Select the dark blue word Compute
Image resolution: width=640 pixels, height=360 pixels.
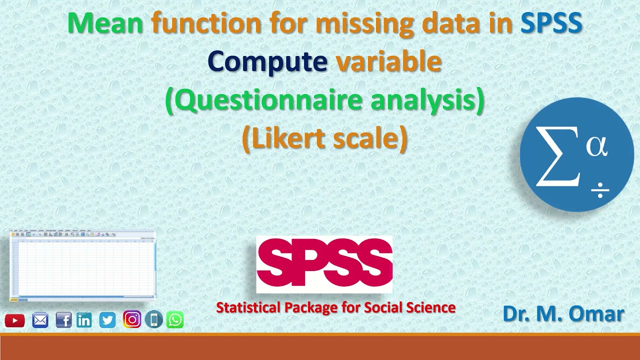pos(267,62)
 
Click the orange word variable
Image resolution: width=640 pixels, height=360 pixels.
pos(388,62)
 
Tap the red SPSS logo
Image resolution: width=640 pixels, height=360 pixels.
pos(324,264)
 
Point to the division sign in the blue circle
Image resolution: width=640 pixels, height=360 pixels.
pos(600,190)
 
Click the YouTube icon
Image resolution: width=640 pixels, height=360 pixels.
pos(15,320)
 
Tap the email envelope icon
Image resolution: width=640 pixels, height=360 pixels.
pos(40,320)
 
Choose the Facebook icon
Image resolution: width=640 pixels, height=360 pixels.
pos(63,320)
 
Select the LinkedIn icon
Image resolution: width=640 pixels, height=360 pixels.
pos(84,320)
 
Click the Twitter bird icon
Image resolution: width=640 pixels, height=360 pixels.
pos(107,320)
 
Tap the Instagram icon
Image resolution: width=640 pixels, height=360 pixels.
pos(131,319)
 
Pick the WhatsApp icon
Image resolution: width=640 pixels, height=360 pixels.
pos(175,319)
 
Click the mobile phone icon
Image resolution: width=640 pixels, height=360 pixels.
pos(154,319)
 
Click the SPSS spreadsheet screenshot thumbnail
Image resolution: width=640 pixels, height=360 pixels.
pos(82,265)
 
